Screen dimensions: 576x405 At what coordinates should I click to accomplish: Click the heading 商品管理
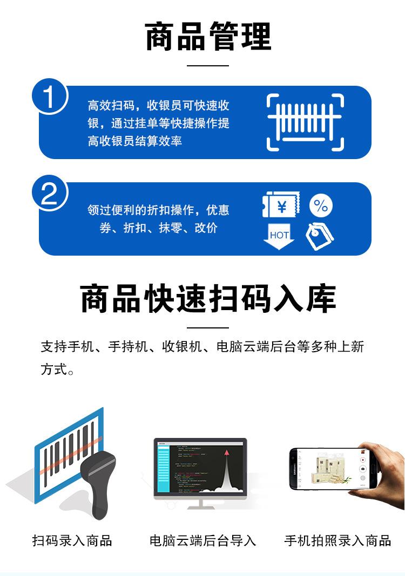coord(208,36)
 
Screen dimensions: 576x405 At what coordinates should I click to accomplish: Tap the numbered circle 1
coord(49,99)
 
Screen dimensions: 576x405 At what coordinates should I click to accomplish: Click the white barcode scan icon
coord(305,122)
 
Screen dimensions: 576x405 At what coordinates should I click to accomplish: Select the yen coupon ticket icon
coord(281,206)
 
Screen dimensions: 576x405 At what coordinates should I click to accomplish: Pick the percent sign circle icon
coord(321,205)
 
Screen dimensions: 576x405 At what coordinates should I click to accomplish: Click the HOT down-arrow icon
coord(279,237)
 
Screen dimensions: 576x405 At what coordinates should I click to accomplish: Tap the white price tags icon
coord(320,236)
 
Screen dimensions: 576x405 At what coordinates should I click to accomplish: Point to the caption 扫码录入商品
coord(72,540)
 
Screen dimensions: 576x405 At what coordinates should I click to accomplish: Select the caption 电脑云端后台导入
coord(202,540)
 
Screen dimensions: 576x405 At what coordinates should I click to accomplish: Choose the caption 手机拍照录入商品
coord(337,540)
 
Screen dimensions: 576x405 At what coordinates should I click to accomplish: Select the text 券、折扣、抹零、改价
coord(158,228)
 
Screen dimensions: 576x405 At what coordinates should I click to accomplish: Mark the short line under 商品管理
coord(208,65)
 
